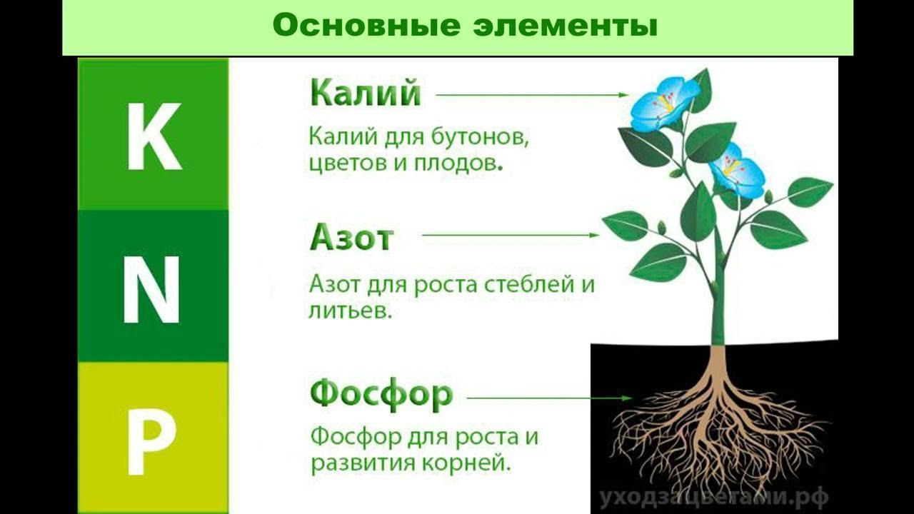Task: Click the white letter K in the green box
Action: [x=154, y=136]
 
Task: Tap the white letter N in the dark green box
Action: [x=151, y=290]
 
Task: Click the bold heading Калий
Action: [x=365, y=93]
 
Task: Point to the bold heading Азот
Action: [x=352, y=238]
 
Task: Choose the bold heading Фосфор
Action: [x=381, y=394]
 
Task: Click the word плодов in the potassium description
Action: [x=458, y=163]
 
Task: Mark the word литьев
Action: [x=350, y=311]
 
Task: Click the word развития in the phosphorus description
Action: [x=362, y=464]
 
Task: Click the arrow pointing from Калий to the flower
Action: [x=533, y=95]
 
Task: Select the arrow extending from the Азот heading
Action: [x=511, y=236]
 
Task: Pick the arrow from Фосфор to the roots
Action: [x=550, y=398]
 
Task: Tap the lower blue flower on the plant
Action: [x=736, y=171]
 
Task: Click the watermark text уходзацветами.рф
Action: [x=714, y=498]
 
